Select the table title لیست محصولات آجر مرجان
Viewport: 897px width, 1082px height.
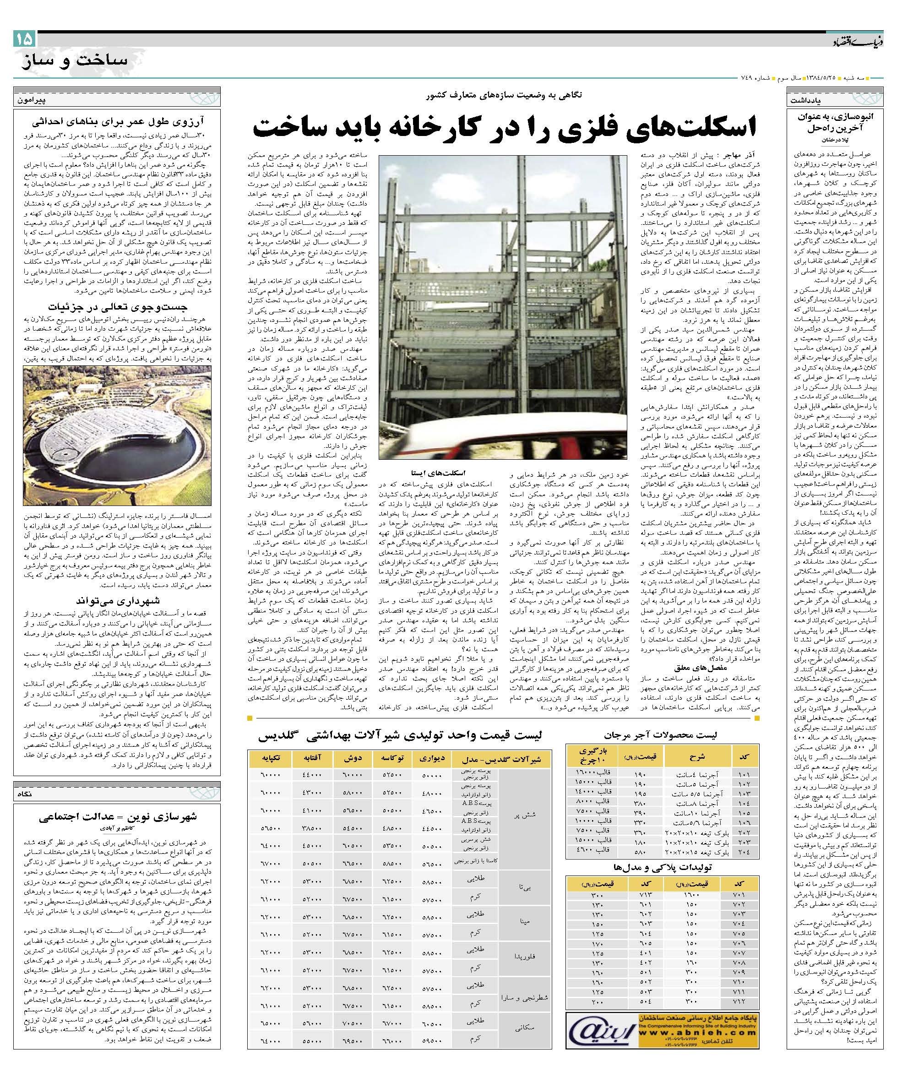[663, 734]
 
